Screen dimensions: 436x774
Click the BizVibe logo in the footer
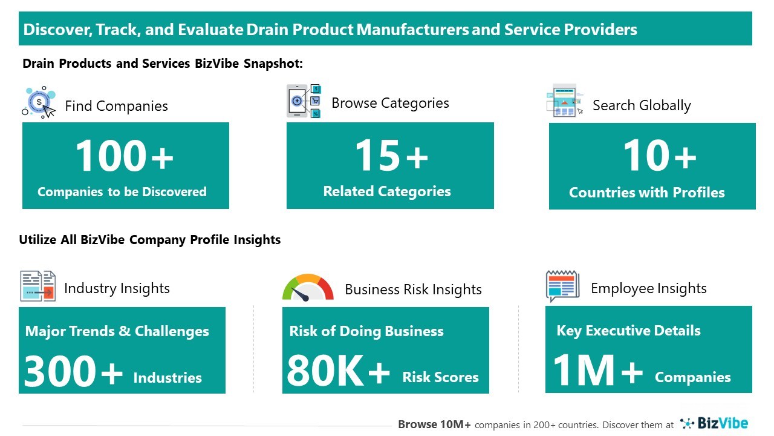coord(714,423)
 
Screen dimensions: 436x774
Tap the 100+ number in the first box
coord(125,156)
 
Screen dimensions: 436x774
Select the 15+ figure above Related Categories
coord(391,156)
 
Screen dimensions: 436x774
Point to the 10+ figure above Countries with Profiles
coord(659,156)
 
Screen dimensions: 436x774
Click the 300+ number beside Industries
coord(73,371)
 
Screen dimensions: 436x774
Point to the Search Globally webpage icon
coord(565,101)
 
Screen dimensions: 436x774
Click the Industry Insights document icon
coord(37,286)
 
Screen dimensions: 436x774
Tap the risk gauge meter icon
coord(308,288)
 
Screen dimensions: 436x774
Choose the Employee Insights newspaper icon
coord(562,286)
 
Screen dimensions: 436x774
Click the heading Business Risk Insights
coord(413,289)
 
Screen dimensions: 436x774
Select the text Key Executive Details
coord(628,331)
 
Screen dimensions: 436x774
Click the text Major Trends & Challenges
coord(117,331)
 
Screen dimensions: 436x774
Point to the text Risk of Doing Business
coord(366,331)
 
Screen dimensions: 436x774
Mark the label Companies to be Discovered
coord(122,192)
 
